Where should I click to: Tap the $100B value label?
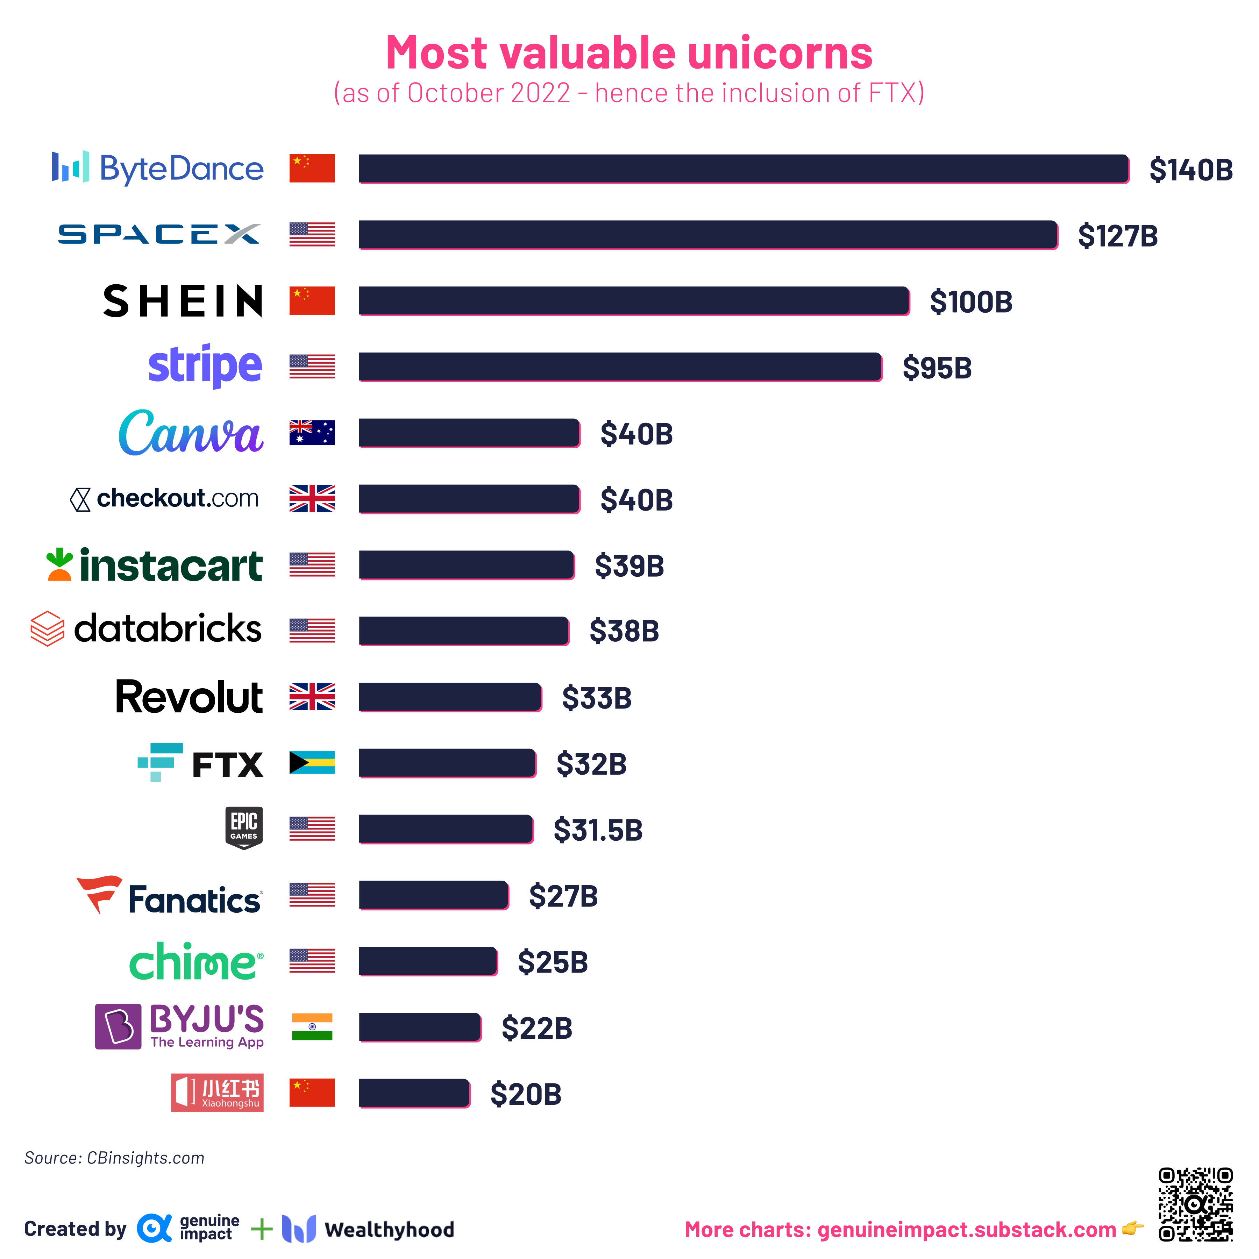click(x=970, y=302)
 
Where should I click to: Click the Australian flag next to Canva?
click(x=312, y=433)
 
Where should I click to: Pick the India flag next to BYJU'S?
click(x=312, y=1027)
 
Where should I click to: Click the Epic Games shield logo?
click(x=244, y=827)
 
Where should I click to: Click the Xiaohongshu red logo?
click(x=217, y=1093)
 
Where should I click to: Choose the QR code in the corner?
click(x=1195, y=1204)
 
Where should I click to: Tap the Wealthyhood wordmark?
click(x=389, y=1230)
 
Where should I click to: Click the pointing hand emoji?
click(x=1133, y=1228)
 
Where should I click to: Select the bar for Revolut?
click(x=450, y=697)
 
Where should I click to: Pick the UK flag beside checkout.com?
click(x=312, y=498)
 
